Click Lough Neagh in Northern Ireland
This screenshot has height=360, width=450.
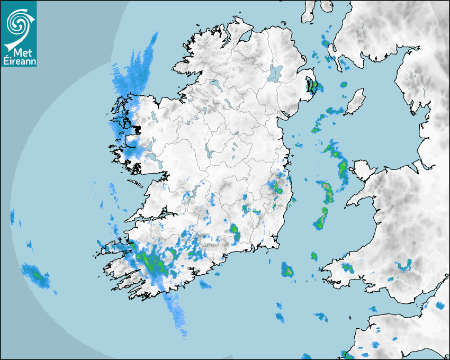(276, 73)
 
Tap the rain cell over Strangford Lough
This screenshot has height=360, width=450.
(313, 85)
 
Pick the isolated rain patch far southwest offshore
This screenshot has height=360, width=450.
(35, 274)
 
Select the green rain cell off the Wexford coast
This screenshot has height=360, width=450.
(287, 269)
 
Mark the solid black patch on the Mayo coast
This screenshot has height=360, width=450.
(137, 129)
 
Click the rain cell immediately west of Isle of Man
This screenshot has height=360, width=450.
(335, 111)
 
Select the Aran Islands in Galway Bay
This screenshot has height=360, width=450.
(136, 184)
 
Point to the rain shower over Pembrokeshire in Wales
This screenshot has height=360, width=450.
(347, 267)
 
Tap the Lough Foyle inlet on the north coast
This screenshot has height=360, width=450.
(244, 38)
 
